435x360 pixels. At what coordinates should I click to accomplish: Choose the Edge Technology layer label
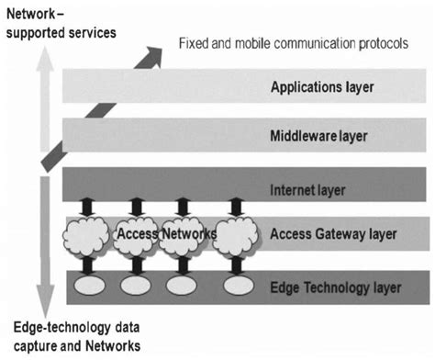pyautogui.click(x=335, y=287)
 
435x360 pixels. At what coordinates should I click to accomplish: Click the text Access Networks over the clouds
pyautogui.click(x=166, y=234)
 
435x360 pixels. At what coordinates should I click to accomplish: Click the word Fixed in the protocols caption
pyautogui.click(x=193, y=42)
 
